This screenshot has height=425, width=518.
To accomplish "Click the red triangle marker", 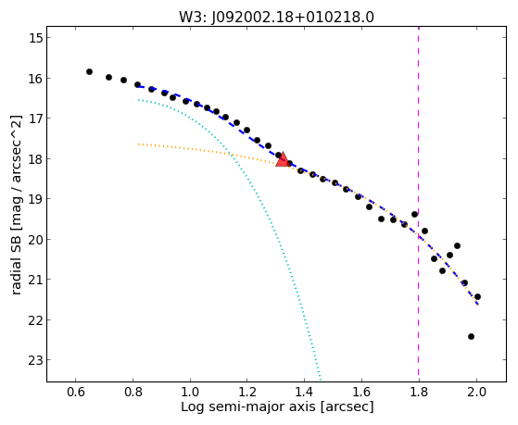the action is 283,160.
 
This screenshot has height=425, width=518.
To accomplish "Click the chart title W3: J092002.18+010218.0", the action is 276,18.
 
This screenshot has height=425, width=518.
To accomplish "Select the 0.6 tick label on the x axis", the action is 75,393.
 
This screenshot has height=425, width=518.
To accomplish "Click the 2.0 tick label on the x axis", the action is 476,393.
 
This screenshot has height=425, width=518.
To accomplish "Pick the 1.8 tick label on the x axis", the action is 419,393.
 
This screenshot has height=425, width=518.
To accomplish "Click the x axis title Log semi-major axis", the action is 248,406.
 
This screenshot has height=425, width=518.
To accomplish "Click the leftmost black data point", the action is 89,71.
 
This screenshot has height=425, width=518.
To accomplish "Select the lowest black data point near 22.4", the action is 471,336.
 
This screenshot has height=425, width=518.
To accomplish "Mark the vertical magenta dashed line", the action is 419,204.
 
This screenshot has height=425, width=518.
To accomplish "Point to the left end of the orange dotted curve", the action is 138,144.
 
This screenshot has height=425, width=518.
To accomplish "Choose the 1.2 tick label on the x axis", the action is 247,393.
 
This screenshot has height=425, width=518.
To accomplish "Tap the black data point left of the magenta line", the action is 414,214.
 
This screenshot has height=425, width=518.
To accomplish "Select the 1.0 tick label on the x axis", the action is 190,393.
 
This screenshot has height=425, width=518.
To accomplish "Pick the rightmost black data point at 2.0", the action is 477,296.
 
